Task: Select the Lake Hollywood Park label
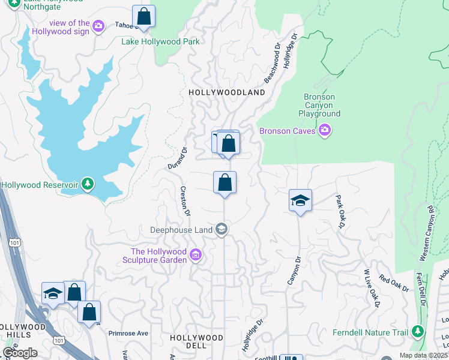160,41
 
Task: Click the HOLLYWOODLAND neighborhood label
226,93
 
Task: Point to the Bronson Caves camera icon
325,130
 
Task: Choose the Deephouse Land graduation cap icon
221,229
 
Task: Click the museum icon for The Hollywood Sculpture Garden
195,256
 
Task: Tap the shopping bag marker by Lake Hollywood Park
143,16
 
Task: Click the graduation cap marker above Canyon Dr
300,201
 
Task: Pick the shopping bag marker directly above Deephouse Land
224,182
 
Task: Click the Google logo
20,352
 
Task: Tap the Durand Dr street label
178,158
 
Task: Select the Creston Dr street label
185,201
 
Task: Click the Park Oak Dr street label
340,211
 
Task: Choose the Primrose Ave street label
128,333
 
